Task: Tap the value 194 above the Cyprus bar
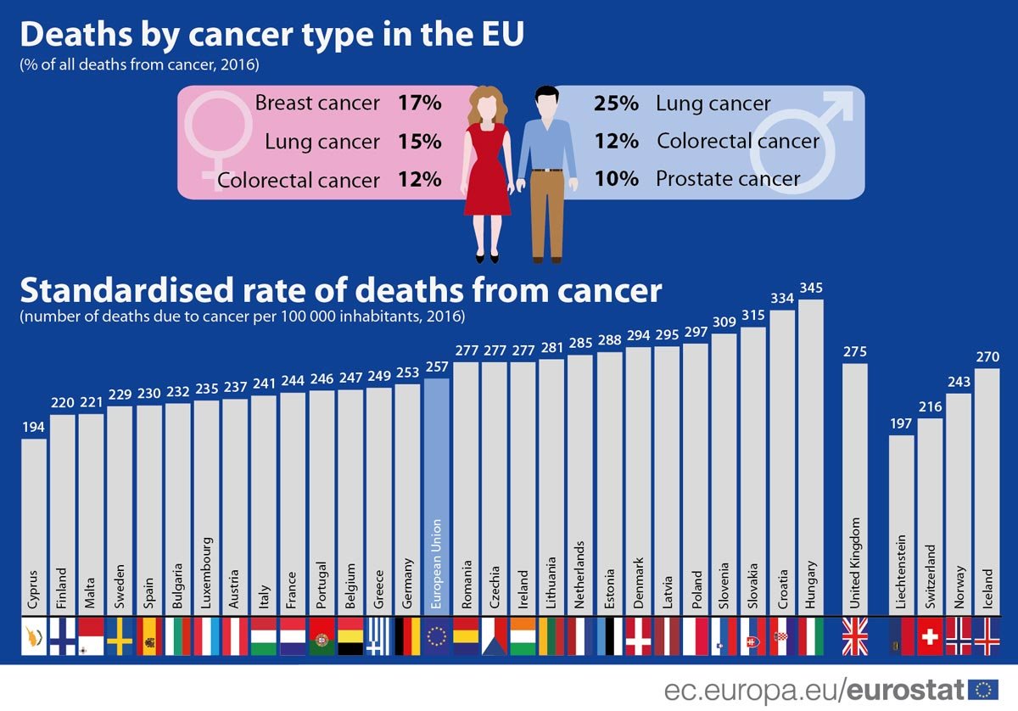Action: [33, 428]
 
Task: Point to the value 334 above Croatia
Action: [781, 299]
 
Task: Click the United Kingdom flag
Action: [854, 636]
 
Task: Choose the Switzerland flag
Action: [931, 636]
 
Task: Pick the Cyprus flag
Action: [33, 636]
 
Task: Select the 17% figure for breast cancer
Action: [419, 104]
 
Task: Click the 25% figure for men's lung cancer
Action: [616, 104]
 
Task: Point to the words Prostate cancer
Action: [728, 179]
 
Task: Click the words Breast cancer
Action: [317, 104]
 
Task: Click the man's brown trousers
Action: [547, 212]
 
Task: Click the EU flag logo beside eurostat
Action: [983, 688]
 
